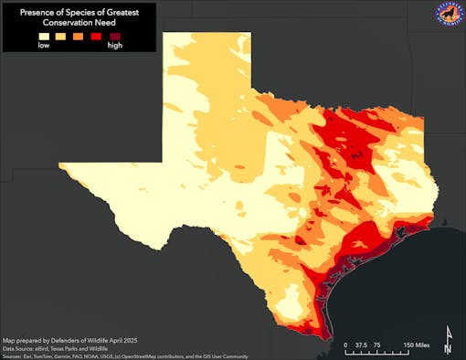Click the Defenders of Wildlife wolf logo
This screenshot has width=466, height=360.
coord(448,16)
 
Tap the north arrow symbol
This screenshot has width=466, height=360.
coord(448,340)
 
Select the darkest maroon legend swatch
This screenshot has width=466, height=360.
coord(114,36)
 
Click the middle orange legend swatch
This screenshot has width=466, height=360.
coord(79,36)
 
